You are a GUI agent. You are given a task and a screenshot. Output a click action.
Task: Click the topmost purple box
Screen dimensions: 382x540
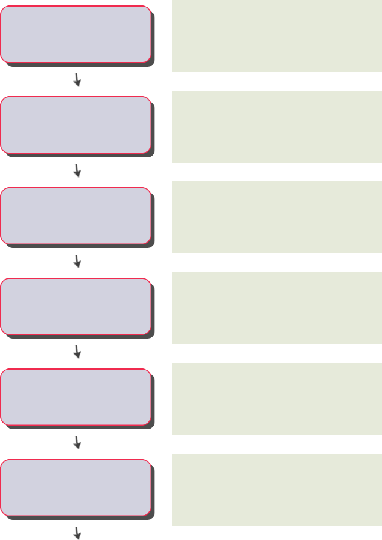coord(75,34)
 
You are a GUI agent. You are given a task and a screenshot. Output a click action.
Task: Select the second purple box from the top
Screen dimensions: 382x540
coord(75,125)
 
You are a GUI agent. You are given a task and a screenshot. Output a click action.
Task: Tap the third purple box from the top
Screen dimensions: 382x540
coord(75,215)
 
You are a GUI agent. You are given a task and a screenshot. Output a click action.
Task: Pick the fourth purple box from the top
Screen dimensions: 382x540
coord(75,306)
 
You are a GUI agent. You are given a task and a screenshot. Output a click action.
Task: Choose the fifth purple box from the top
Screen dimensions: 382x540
coord(75,396)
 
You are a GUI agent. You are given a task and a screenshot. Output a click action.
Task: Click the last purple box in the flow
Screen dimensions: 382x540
coord(75,487)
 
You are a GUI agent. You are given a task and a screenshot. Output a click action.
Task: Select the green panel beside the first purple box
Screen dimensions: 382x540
coord(277,36)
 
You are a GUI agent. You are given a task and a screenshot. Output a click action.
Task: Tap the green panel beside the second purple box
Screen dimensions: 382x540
coord(277,126)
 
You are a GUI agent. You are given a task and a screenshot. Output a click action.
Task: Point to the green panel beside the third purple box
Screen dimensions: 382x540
coord(277,217)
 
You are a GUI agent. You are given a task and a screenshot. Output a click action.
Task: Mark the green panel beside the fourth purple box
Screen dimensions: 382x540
coord(277,308)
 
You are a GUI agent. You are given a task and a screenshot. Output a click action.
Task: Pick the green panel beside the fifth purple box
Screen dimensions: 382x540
coord(277,399)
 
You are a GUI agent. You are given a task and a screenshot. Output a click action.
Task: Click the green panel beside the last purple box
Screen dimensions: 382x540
coord(277,489)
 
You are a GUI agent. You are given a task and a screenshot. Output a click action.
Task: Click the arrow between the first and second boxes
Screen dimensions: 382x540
coord(77,80)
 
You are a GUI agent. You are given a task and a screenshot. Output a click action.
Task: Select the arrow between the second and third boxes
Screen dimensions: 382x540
coord(77,171)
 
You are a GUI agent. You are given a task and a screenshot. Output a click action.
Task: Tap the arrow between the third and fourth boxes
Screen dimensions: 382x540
coord(77,262)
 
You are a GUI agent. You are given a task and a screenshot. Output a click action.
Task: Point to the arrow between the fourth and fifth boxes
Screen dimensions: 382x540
coord(77,352)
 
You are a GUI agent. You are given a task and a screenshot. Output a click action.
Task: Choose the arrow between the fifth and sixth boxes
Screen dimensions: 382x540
coord(77,443)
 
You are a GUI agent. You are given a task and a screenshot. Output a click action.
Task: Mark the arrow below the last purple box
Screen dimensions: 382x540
coord(77,533)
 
